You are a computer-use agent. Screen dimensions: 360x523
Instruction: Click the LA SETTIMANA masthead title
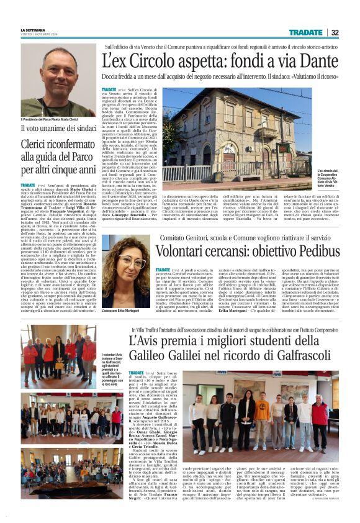(x=33, y=30)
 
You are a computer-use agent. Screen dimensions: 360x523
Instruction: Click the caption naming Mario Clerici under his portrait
(x=50, y=119)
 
